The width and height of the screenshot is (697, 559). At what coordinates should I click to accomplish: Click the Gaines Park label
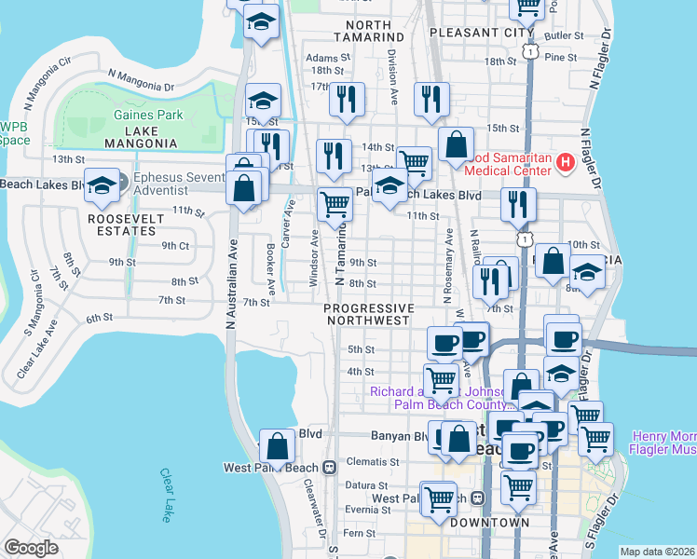point(148,115)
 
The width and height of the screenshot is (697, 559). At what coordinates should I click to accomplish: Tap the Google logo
point(31,548)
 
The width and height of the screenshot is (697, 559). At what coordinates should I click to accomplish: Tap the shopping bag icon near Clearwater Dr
point(278,447)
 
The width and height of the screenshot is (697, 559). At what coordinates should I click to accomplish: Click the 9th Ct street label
point(175,246)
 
